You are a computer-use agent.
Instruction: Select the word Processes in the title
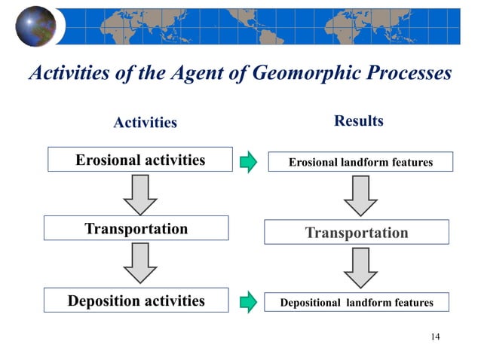coord(400,73)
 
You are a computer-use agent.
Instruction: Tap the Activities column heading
coord(145,122)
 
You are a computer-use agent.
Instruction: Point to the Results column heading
coord(359,121)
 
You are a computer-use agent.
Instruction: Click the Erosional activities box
coord(140,160)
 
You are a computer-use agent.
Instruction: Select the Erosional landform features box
coord(361,162)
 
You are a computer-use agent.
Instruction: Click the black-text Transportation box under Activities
coord(136,229)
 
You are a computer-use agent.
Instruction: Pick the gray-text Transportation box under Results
coord(357,233)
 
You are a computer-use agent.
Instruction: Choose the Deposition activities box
coord(136,301)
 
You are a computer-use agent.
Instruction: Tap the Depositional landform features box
coord(357,303)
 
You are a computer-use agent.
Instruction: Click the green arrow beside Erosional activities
coord(248,162)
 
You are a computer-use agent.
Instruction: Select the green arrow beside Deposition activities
coord(248,303)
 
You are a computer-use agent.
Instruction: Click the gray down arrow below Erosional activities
coord(140,194)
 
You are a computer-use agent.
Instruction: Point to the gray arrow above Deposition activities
coord(140,264)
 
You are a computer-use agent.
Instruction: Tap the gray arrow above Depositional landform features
coord(360,267)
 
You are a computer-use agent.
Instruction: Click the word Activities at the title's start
coord(67,73)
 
